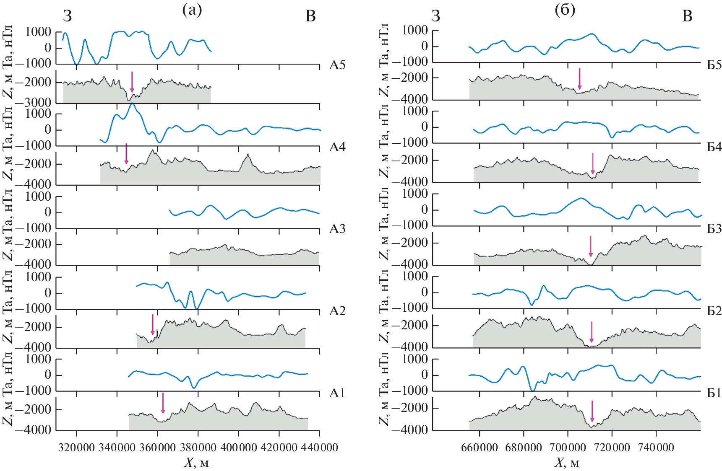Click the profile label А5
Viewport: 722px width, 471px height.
pyautogui.click(x=337, y=65)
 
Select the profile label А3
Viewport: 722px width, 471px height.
pyautogui.click(x=337, y=229)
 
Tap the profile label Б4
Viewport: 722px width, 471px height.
pyautogui.click(x=714, y=147)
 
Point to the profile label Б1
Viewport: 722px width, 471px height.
pyautogui.click(x=714, y=393)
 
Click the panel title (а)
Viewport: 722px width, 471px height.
pyautogui.click(x=192, y=10)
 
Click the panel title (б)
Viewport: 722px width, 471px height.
pyautogui.click(x=565, y=10)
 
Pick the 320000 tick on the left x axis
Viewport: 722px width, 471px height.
pyautogui.click(x=76, y=447)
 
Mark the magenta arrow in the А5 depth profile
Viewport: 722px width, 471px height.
pyautogui.click(x=132, y=82)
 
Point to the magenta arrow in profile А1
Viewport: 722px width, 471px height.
pyautogui.click(x=163, y=403)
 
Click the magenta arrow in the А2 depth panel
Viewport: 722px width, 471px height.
pyautogui.click(x=153, y=325)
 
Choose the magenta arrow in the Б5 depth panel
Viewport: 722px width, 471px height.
pyautogui.click(x=579, y=79)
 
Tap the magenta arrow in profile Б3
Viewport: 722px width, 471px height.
pyautogui.click(x=591, y=246)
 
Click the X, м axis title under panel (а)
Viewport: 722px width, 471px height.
pyautogui.click(x=196, y=463)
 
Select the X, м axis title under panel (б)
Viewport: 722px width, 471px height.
pyautogui.click(x=567, y=463)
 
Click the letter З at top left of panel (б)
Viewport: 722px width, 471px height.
pyautogui.click(x=436, y=16)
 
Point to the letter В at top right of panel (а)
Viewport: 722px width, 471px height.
pyautogui.click(x=310, y=16)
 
